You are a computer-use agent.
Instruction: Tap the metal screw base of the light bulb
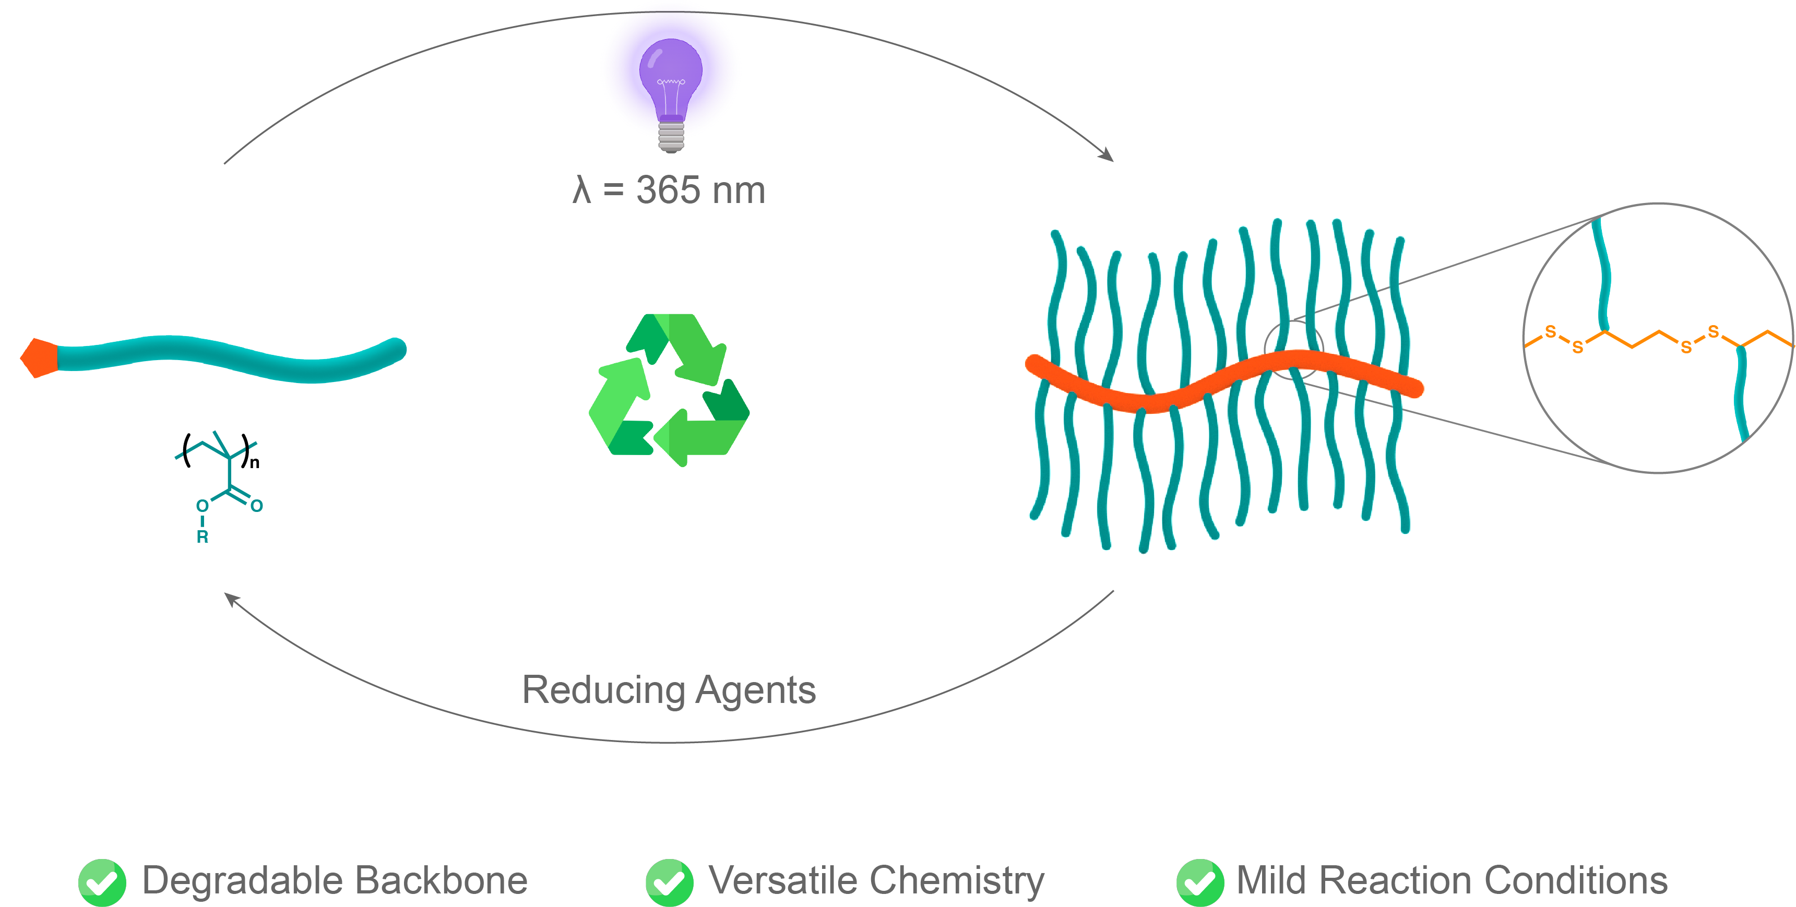671,137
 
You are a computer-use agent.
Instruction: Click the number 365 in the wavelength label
668,190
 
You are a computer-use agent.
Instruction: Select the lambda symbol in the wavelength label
581,190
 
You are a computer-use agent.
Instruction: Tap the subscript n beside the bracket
255,463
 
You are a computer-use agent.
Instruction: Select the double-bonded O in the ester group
257,506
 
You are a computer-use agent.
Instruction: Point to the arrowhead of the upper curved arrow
1107,155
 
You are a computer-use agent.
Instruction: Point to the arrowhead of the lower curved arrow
231,599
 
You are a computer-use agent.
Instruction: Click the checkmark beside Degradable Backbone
102,882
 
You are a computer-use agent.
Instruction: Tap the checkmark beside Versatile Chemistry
669,882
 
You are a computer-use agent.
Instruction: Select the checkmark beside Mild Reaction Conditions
1199,882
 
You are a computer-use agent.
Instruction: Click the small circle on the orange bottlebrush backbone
1293,351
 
